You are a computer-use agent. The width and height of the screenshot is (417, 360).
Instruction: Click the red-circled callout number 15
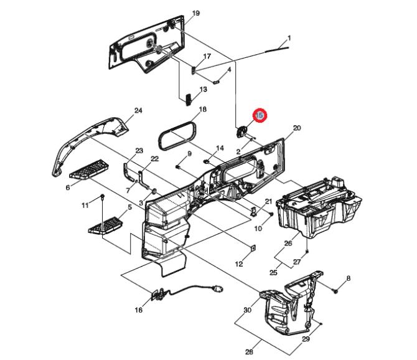point(260,115)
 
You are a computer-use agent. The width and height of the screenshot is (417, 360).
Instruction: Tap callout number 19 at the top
point(195,13)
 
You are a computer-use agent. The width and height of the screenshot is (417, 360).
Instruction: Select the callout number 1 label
point(289,38)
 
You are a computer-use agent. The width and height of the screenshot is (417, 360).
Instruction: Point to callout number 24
point(138,110)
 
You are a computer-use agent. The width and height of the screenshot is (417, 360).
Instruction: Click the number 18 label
point(203,109)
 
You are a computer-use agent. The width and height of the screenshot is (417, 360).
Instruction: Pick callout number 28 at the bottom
point(249,352)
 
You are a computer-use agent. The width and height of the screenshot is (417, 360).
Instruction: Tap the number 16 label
point(139,310)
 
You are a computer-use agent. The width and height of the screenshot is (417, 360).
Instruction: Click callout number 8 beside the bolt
point(349,278)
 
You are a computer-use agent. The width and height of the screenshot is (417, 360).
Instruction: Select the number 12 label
point(239,264)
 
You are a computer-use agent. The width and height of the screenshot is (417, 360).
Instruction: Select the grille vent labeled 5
point(106,225)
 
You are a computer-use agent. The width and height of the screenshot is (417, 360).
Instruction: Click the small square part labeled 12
point(253,249)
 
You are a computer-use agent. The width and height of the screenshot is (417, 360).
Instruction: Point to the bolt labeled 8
point(335,291)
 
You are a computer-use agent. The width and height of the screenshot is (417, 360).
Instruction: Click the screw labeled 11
point(103,197)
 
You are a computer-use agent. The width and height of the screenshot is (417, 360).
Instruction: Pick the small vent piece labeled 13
point(189,99)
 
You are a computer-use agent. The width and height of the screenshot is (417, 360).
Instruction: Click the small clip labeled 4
point(217,82)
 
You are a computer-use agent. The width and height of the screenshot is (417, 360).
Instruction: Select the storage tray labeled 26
point(319,207)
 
